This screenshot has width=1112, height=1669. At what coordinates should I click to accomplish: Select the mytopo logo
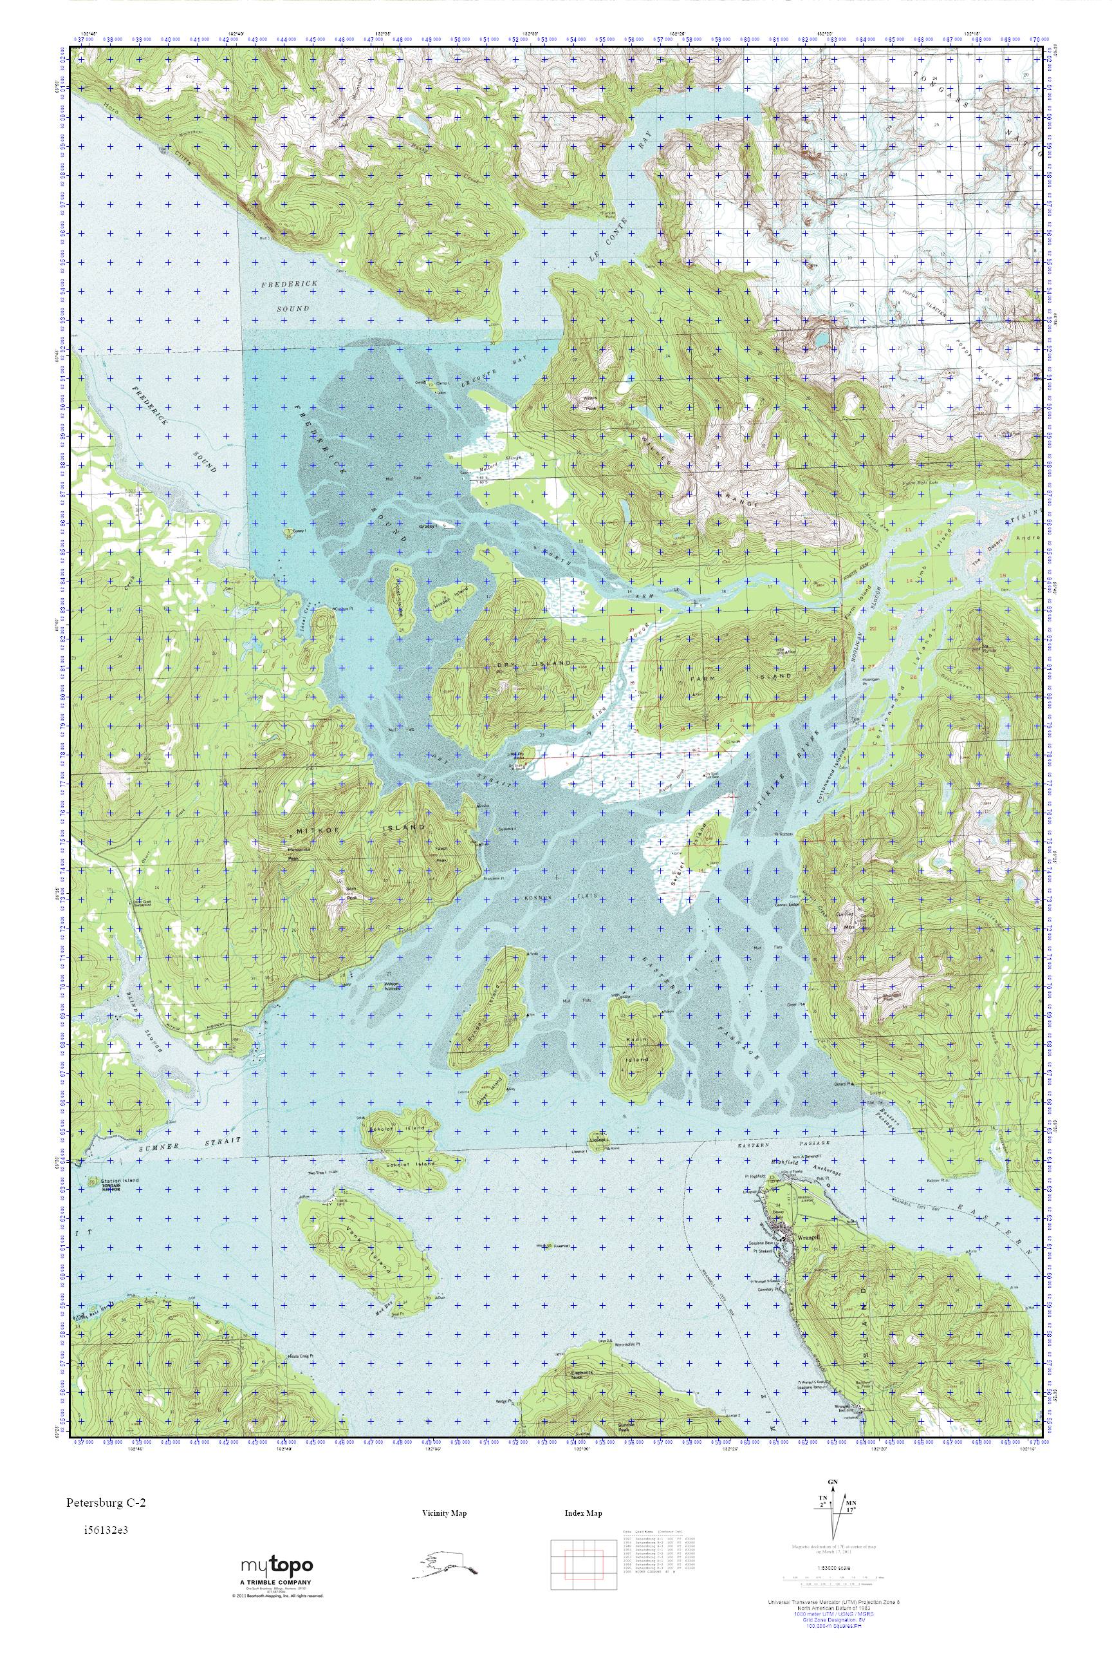click(277, 1565)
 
